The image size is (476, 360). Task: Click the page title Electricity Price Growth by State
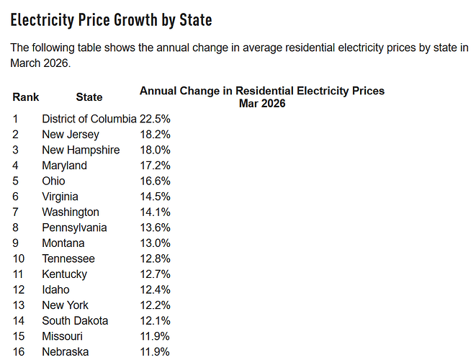click(111, 20)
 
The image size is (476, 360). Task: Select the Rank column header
click(26, 97)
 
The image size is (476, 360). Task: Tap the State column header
click(89, 97)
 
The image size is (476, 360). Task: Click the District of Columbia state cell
click(89, 119)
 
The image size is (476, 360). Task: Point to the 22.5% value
click(155, 119)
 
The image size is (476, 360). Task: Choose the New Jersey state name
click(71, 135)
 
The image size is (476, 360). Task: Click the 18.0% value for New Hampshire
click(155, 150)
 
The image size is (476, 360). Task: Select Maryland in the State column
click(64, 166)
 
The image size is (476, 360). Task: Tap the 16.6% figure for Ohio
click(155, 181)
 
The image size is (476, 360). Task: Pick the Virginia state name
click(60, 197)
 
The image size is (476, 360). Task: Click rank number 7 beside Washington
click(15, 212)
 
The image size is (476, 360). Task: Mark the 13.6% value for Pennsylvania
click(155, 228)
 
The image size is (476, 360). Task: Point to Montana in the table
click(63, 243)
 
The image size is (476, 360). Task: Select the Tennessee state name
click(68, 258)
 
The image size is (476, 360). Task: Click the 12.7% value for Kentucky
click(155, 274)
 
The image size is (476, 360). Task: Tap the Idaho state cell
click(55, 289)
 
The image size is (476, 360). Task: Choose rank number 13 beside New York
click(19, 305)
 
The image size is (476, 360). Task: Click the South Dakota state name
click(75, 321)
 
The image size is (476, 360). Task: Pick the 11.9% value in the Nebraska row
click(155, 352)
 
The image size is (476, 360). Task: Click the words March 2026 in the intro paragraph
click(40, 63)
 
